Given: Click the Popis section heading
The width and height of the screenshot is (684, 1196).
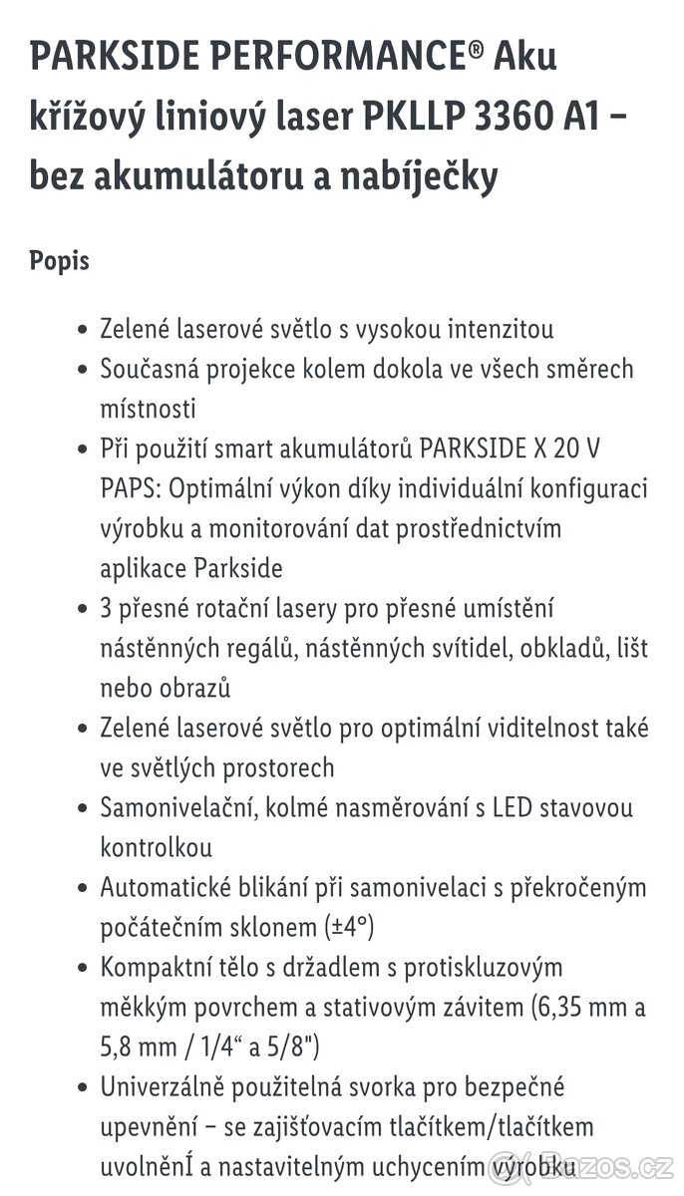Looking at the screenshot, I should point(60,261).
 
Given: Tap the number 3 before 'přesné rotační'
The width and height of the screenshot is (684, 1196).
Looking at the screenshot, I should point(107,608).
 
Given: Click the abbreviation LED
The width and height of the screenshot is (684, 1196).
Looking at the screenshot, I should point(513,807).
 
